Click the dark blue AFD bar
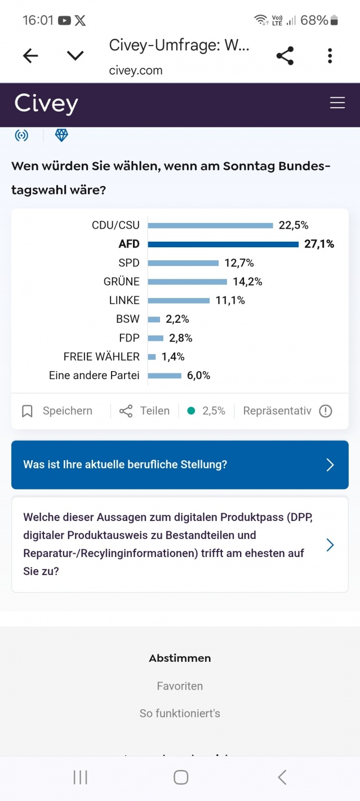(223, 244)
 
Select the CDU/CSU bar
(210, 225)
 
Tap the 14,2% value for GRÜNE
(247, 282)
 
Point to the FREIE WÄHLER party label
(101, 357)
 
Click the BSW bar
(154, 319)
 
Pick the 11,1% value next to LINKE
(230, 300)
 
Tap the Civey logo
(46, 104)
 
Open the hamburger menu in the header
(337, 103)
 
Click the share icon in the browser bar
(285, 55)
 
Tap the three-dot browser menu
(330, 55)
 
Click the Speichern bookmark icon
(27, 411)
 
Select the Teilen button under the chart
(145, 411)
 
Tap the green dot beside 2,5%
(191, 411)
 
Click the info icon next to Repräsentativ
(326, 411)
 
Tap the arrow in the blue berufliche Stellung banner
(330, 465)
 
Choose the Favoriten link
(180, 686)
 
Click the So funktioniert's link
(180, 713)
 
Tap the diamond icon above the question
(61, 135)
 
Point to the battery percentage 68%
(314, 20)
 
